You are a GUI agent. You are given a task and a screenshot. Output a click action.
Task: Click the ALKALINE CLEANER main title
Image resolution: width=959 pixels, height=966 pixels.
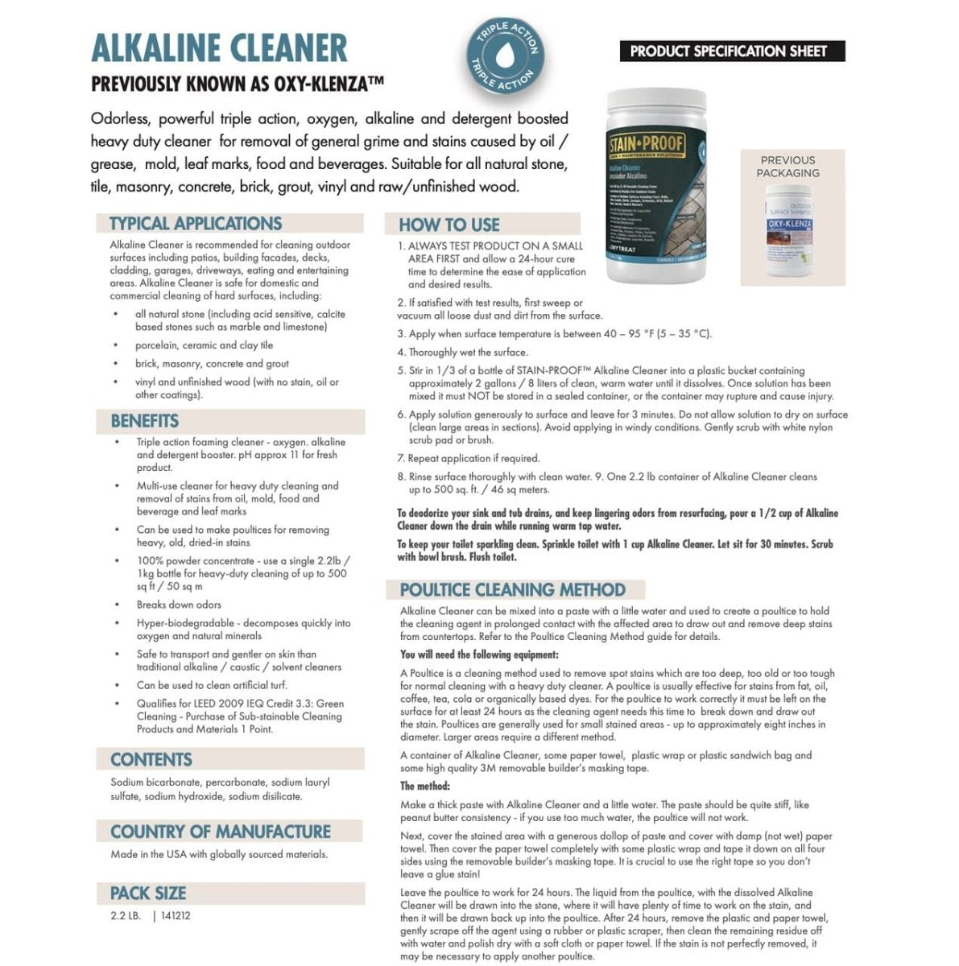(219, 49)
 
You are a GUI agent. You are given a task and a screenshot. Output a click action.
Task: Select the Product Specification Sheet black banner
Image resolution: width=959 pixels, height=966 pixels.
(728, 52)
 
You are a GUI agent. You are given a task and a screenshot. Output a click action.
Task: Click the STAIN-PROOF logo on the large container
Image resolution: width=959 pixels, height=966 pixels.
(647, 144)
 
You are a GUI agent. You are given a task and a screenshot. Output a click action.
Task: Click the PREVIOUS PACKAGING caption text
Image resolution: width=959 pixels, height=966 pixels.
(787, 167)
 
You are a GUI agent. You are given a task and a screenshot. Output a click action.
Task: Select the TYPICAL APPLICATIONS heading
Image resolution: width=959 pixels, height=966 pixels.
(196, 224)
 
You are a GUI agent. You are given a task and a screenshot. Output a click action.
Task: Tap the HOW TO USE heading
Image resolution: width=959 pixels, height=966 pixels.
(449, 225)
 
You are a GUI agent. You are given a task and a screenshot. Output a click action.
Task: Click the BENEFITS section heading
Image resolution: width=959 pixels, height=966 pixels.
(145, 421)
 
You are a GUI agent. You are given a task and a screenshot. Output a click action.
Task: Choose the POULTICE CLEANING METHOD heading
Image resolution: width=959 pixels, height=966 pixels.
(513, 590)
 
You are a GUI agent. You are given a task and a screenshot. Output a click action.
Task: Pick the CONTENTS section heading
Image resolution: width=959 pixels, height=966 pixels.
(151, 760)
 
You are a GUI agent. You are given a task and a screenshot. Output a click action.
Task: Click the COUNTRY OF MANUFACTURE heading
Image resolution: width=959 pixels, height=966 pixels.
(221, 832)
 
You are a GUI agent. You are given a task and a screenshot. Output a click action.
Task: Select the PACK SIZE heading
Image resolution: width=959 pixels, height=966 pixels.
(148, 893)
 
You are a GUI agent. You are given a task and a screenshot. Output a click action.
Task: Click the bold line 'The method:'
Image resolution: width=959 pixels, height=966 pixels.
(425, 786)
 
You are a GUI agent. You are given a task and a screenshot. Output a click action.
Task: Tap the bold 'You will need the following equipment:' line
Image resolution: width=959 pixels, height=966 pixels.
(479, 655)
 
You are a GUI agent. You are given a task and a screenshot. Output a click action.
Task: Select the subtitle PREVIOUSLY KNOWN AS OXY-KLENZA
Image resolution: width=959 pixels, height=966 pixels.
(237, 83)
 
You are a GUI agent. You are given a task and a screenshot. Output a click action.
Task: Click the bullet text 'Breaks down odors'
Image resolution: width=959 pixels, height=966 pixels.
(179, 605)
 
